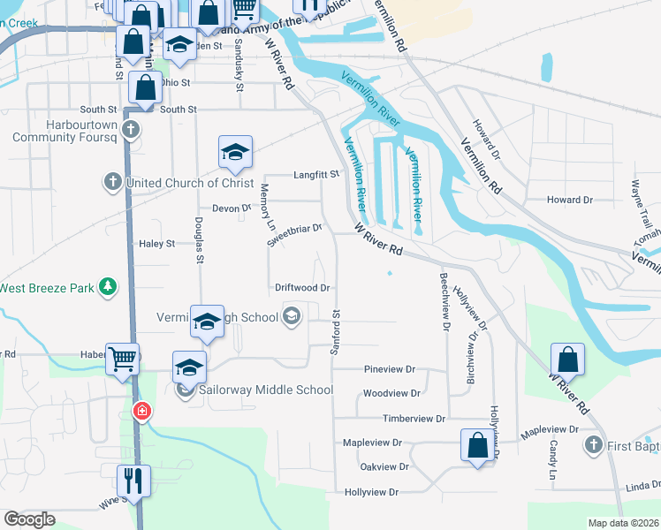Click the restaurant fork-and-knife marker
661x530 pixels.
(134, 481)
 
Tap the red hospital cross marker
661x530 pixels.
(141, 412)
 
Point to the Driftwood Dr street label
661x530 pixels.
(302, 288)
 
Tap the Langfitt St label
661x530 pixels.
(316, 175)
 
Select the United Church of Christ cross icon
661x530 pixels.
(112, 183)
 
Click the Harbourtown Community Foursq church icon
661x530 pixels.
(131, 131)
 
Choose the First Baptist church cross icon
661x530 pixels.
(594, 445)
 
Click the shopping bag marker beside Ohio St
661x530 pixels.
(145, 88)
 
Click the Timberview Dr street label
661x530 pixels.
(414, 418)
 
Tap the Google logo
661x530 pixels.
(29, 519)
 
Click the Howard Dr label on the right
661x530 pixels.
(569, 201)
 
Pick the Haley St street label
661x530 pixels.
(157, 244)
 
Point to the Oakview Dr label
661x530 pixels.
(384, 466)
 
